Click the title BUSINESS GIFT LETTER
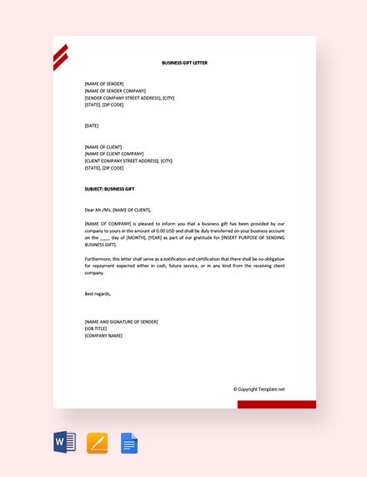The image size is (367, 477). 184,63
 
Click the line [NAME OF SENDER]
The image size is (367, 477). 104,84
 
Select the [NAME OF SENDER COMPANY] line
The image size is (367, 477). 115,91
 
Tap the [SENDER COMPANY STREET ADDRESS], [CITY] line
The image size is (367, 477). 129,98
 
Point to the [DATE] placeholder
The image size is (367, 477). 92,125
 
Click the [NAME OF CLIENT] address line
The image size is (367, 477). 103,147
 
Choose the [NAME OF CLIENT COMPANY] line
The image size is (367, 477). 114,154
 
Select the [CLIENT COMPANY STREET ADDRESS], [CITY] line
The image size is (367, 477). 128,160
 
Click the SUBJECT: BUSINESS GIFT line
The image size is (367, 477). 109,189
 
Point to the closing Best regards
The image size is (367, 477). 98,293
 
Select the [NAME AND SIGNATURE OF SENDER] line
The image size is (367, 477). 121,322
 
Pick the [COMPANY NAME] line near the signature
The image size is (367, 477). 103,335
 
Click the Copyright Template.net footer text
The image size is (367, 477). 259,388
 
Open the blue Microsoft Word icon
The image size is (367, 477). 65,442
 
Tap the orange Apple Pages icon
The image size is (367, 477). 98,442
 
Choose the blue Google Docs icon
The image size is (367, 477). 129,442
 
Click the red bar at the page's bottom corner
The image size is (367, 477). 276,404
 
